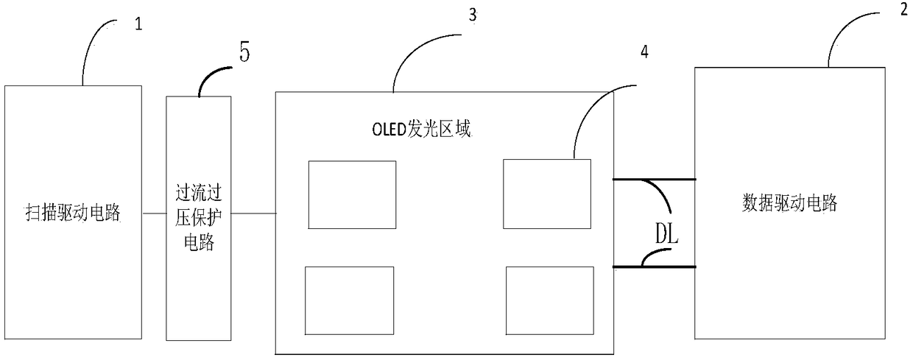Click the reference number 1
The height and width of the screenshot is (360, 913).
point(138,23)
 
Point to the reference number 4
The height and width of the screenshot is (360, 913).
point(644,52)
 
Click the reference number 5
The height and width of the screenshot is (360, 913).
point(244,54)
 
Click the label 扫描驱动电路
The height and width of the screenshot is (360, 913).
point(73,214)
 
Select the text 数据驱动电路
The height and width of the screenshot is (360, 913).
point(789,204)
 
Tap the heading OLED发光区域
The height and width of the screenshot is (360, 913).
point(420,131)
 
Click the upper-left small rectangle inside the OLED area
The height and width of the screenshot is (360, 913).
point(351,194)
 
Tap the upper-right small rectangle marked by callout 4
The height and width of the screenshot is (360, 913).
point(546,194)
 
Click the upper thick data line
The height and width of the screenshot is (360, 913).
point(654,178)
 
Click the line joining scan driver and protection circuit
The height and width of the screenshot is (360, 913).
point(154,213)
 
